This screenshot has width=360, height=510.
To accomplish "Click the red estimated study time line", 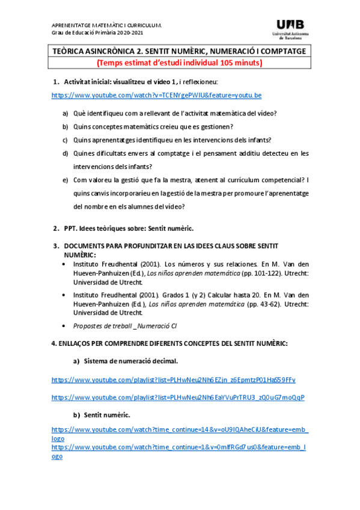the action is click(180, 63).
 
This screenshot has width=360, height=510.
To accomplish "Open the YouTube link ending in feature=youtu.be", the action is click(156, 95).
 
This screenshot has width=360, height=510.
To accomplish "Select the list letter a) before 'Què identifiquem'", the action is click(65, 112).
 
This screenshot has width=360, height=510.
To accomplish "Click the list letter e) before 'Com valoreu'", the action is click(65, 180).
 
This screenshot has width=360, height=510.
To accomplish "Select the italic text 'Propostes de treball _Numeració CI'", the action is click(125, 326).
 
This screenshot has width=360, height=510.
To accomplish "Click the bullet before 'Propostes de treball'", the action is click(65, 326).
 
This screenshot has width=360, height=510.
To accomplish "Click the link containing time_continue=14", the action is click(179, 430).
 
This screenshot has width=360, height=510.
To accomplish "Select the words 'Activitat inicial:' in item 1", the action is click(90, 81).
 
